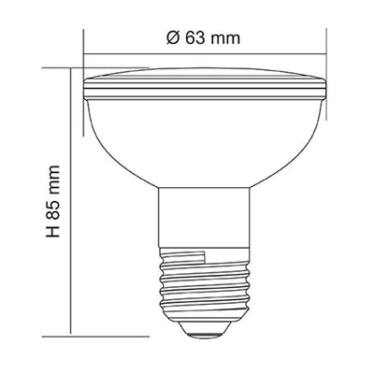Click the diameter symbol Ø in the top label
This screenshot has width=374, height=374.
click(173, 38)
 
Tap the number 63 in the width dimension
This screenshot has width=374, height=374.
click(195, 38)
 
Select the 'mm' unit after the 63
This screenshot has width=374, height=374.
click(225, 40)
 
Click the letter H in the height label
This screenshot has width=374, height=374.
click(53, 231)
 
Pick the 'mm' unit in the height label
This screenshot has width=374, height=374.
click(53, 180)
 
